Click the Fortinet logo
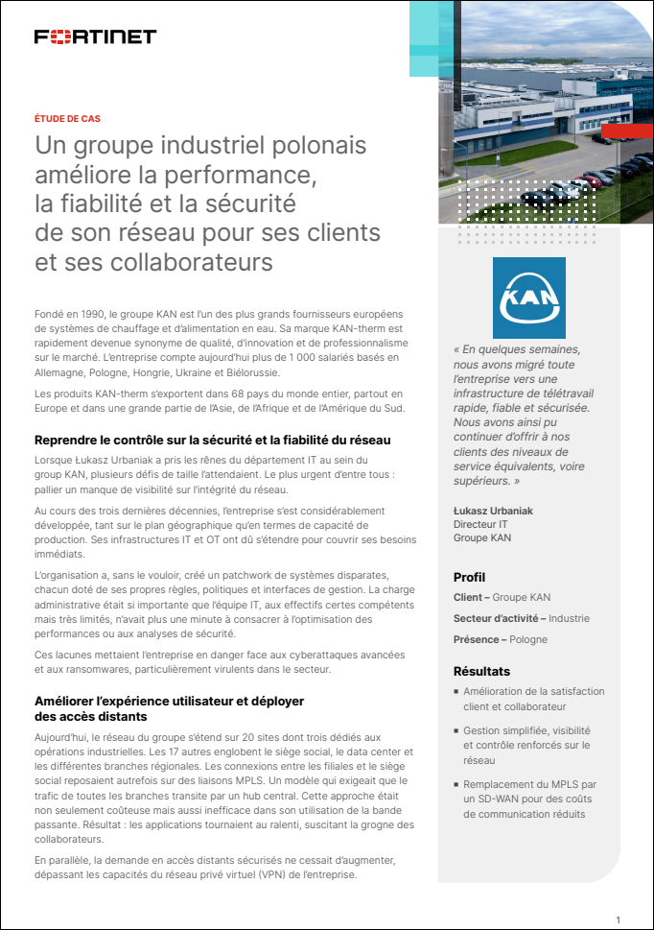[x=95, y=36]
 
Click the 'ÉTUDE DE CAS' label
[x=67, y=119]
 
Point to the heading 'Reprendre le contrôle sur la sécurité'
[x=212, y=440]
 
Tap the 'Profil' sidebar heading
[x=469, y=577]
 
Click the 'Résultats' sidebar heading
[x=481, y=671]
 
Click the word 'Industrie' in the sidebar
[x=569, y=618]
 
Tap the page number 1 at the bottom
[x=619, y=918]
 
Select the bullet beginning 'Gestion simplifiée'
[x=526, y=745]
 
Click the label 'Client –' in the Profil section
[x=474, y=597]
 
